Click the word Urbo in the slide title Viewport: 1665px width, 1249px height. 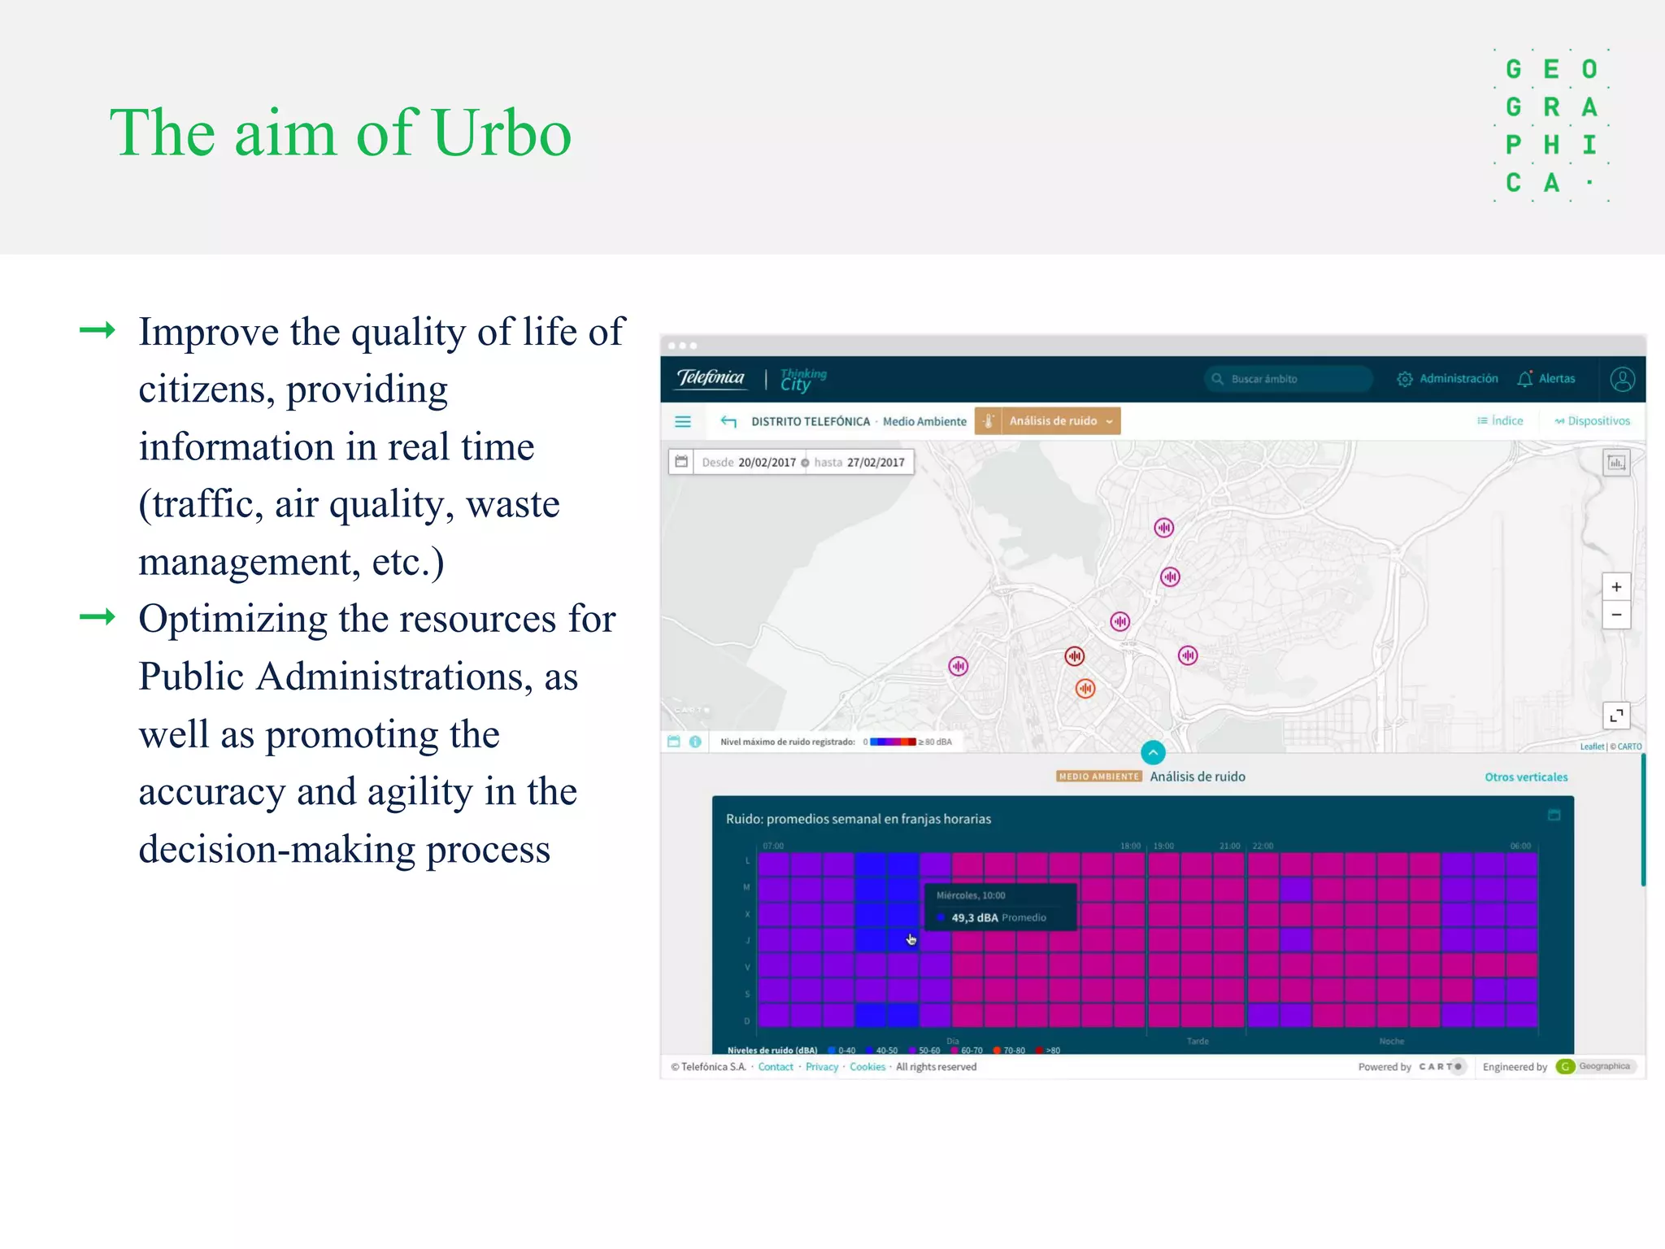point(502,133)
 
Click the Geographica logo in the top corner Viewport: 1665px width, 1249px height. point(1550,125)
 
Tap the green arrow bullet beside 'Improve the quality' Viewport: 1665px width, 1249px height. point(98,330)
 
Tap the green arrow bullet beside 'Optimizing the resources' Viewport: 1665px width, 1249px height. point(98,617)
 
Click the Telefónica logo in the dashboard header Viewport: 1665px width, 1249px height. point(711,378)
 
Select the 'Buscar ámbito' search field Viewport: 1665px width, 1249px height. point(1289,379)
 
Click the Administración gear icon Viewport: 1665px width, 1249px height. point(1404,379)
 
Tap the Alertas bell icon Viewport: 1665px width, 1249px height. point(1524,379)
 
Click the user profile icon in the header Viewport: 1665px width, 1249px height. point(1622,380)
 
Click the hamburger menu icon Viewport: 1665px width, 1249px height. point(683,421)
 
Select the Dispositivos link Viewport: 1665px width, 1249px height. point(1593,421)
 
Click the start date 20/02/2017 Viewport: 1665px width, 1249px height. point(767,463)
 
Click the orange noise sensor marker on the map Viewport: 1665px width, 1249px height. point(1085,689)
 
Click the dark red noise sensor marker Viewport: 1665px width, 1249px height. point(1075,655)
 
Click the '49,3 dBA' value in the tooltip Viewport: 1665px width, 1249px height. point(974,917)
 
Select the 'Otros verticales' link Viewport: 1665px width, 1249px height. point(1526,777)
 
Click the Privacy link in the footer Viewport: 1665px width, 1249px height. point(821,1067)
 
